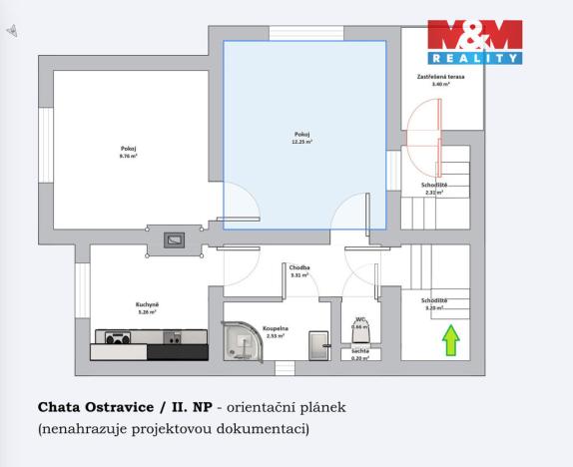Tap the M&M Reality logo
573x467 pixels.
[475, 42]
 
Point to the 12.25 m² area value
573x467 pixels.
[302, 143]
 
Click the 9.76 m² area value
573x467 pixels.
[128, 157]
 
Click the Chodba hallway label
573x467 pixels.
[299, 267]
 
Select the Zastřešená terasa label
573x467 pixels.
[440, 77]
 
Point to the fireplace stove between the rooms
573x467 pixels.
[175, 239]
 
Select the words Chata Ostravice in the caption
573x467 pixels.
[95, 407]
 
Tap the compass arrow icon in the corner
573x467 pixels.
[12, 31]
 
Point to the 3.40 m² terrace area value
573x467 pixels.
[440, 85]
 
